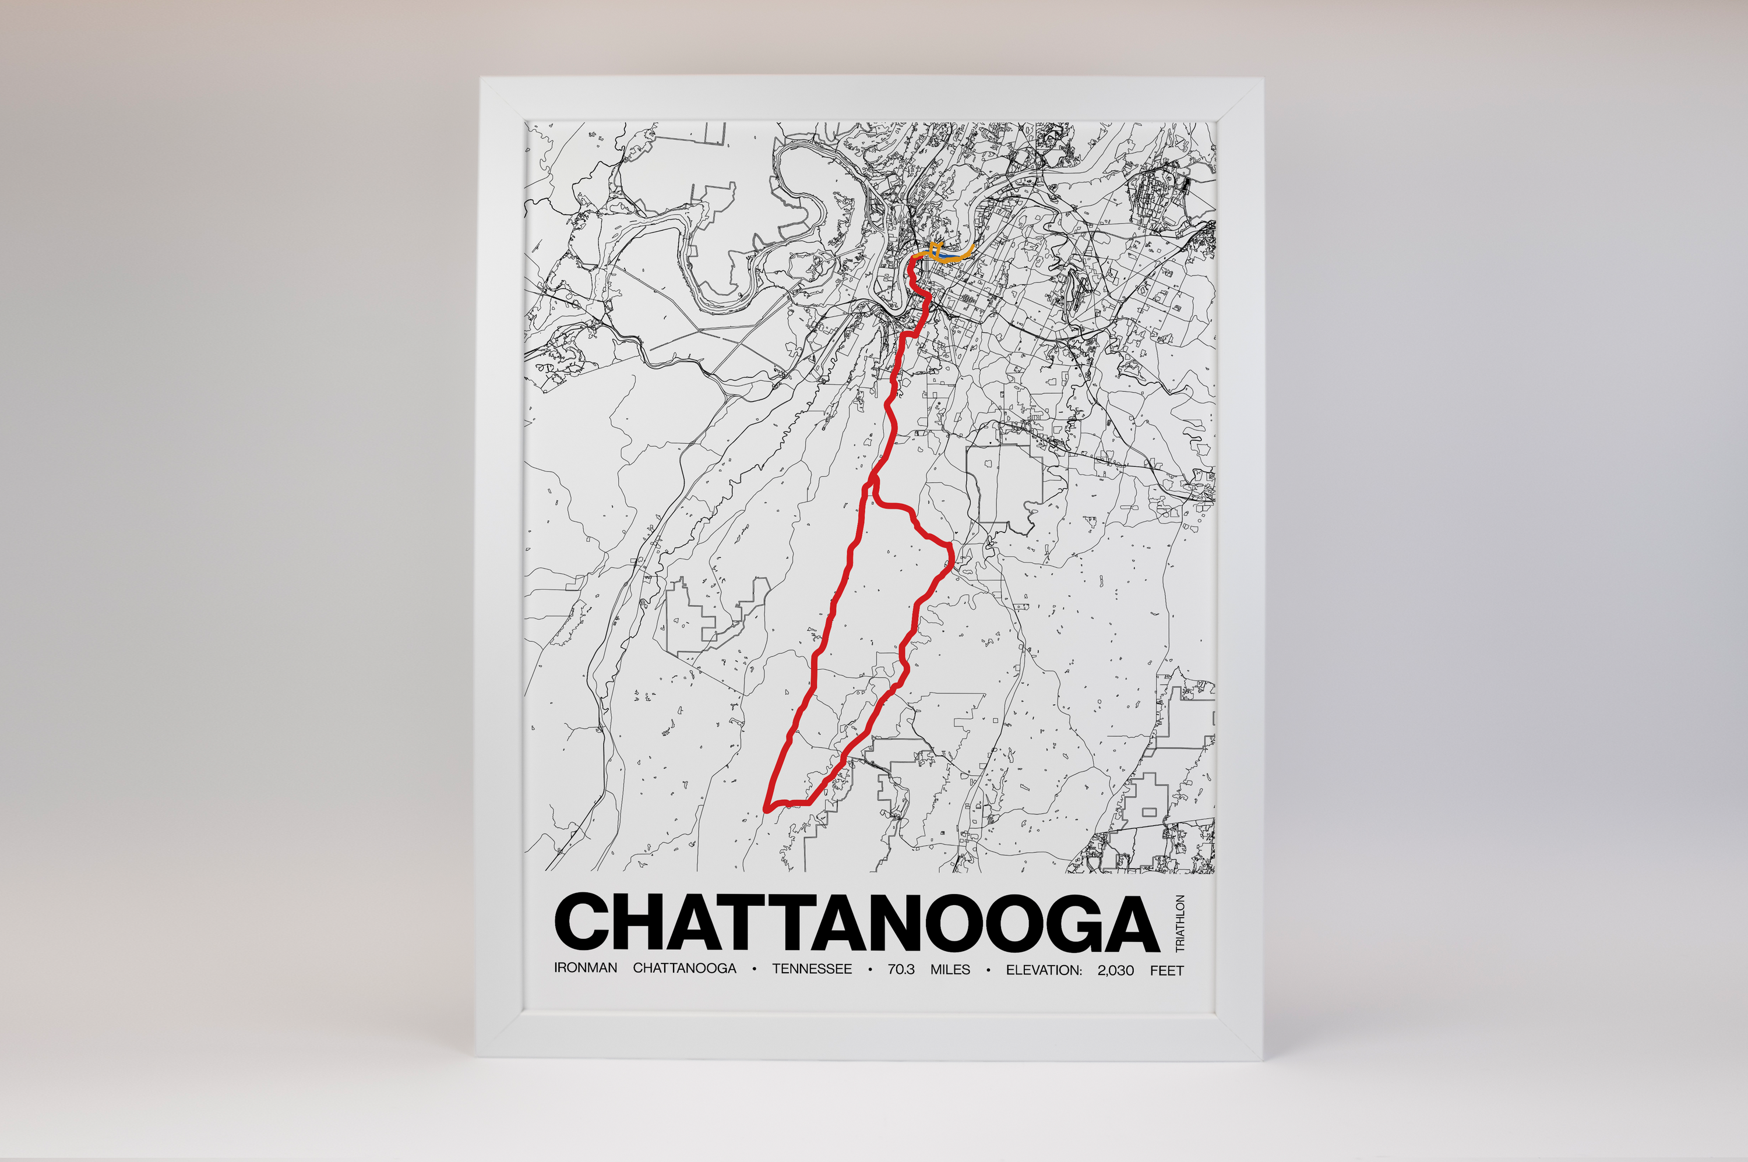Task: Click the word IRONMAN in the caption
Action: pyautogui.click(x=585, y=969)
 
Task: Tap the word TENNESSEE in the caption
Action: pyautogui.click(x=812, y=969)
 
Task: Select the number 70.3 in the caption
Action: pyautogui.click(x=901, y=969)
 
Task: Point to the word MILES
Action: pyautogui.click(x=950, y=969)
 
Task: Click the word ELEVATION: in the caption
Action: pyautogui.click(x=1044, y=969)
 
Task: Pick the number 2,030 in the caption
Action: pyautogui.click(x=1116, y=969)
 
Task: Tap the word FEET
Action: pyautogui.click(x=1167, y=969)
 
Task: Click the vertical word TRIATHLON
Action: pyautogui.click(x=1180, y=923)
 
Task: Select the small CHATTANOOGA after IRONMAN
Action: pyautogui.click(x=684, y=969)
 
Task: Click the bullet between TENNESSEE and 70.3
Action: pyautogui.click(x=869, y=969)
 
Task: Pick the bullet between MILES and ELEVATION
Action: pyautogui.click(x=988, y=969)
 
